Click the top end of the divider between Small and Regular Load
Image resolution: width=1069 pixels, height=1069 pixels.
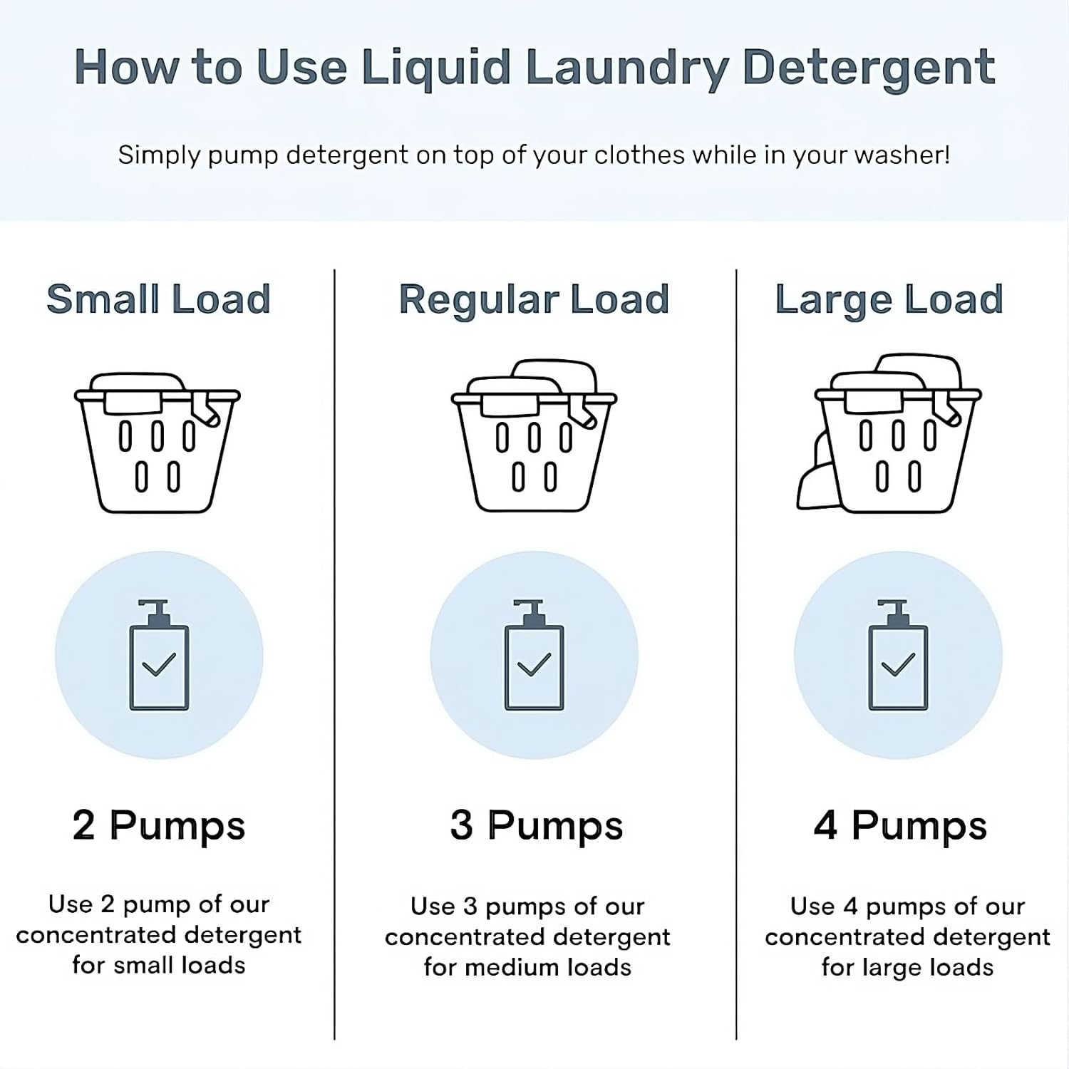coord(334,270)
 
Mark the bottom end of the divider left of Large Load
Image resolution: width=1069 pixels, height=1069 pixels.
coord(736,1039)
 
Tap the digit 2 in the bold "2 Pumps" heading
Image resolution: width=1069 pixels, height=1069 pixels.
coord(83,827)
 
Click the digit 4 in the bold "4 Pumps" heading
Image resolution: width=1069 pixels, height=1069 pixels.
coord(825,827)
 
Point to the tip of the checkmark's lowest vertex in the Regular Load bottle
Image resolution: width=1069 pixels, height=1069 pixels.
coord(530,673)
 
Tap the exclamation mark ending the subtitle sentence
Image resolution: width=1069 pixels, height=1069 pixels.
coord(946,155)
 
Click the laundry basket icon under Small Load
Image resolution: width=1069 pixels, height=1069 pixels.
coord(157,443)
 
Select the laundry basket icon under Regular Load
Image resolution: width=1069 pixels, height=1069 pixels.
coord(534,435)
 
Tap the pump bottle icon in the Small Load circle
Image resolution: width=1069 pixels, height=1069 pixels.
coord(159,655)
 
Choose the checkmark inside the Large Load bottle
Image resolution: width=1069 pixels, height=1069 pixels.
coord(898,664)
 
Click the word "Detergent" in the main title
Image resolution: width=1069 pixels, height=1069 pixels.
coord(869,68)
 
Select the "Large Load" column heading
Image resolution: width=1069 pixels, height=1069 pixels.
coord(889,299)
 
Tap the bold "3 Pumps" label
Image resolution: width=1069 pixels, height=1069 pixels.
coord(537,827)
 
